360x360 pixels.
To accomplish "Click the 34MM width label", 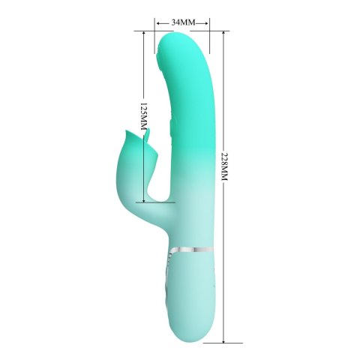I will pos(183,22).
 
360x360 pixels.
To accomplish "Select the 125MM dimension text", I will pos(134,117).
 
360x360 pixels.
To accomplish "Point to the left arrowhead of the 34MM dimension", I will pos(159,23).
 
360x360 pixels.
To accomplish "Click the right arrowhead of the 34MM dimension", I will pos(208,23).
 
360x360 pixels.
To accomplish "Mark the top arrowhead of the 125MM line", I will pos(141,34).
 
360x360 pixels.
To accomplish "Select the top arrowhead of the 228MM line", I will pos(223,34).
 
